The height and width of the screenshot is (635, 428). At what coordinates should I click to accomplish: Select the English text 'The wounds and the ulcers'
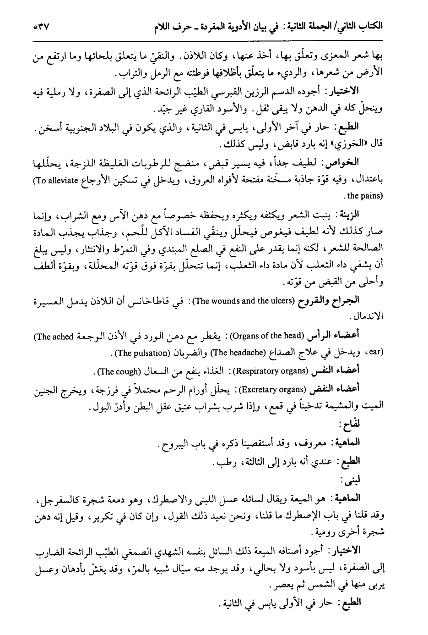(231, 301)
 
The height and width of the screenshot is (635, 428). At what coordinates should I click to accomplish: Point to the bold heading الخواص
(372, 163)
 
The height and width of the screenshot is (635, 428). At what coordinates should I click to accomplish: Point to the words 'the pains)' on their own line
(366, 196)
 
